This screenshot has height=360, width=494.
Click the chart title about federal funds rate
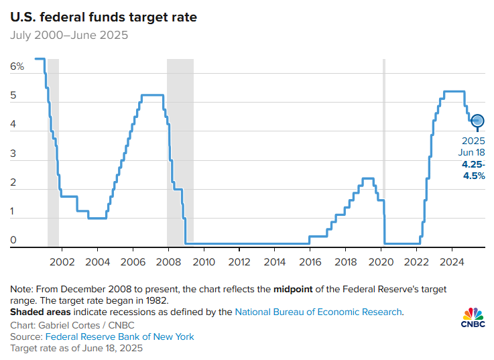click(x=103, y=17)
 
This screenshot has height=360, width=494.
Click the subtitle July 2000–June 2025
click(x=69, y=35)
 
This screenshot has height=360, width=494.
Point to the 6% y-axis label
click(x=17, y=66)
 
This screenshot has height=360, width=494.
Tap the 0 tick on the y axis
click(x=13, y=240)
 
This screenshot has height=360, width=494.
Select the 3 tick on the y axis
click(x=13, y=154)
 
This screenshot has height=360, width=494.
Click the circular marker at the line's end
click(x=477, y=121)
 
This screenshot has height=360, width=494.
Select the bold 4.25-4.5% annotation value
click(x=472, y=170)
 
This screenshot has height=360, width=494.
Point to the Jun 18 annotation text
click(x=473, y=153)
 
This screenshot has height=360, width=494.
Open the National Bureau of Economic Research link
click(x=318, y=312)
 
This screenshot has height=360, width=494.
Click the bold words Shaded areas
click(x=41, y=312)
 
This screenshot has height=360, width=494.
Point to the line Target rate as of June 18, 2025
click(x=76, y=349)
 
